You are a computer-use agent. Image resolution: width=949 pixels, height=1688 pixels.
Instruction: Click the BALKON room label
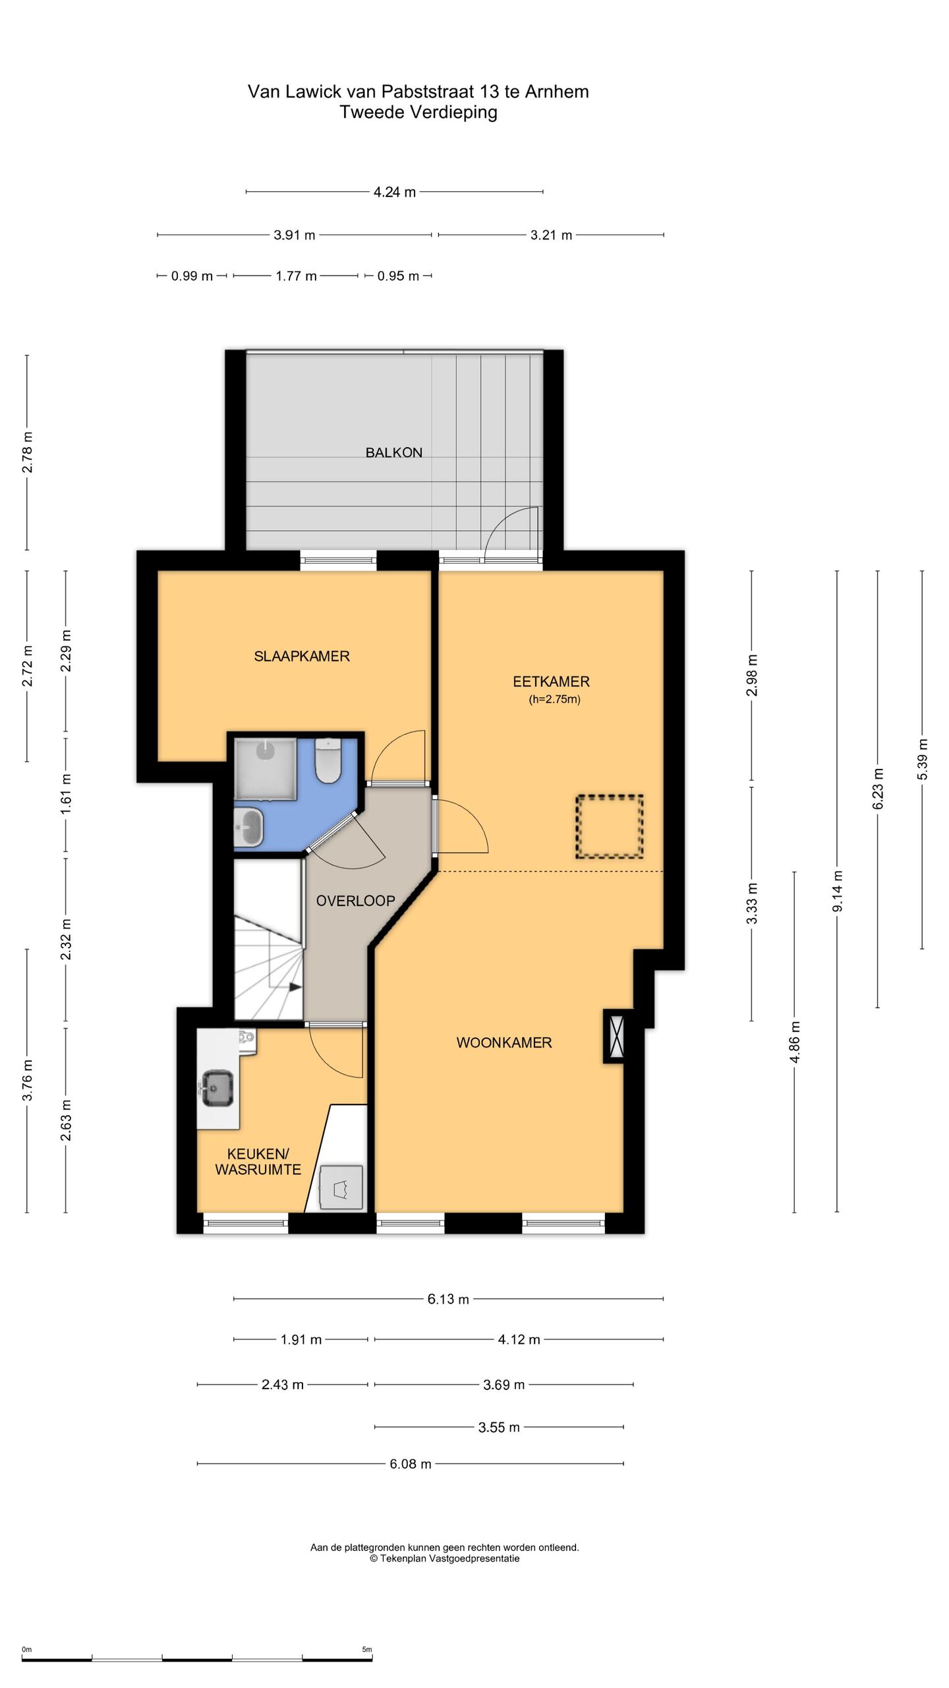point(393,452)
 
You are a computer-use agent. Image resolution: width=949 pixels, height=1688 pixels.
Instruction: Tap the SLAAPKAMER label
point(302,656)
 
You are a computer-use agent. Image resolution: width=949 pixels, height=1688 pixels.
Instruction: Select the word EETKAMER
point(551,682)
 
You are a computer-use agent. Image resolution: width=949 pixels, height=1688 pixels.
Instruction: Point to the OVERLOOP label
point(355,901)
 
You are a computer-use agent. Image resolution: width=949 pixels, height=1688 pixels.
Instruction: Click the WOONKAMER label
point(504,1042)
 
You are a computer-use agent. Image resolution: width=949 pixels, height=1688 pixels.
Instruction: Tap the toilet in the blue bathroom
point(328,760)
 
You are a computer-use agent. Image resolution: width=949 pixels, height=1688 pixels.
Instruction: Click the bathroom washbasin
point(249,826)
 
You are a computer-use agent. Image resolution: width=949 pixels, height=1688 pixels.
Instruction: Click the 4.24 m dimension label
point(395,193)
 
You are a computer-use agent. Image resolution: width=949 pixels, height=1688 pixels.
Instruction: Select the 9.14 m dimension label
point(838,891)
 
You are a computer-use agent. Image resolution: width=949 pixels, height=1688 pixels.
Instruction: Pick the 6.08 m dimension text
point(411,1464)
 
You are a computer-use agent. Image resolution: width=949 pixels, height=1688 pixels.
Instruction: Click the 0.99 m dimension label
point(192,276)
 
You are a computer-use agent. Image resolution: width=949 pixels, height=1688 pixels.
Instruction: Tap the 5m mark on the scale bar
point(367,1644)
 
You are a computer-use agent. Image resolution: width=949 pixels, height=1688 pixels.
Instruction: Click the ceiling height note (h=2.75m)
point(554,700)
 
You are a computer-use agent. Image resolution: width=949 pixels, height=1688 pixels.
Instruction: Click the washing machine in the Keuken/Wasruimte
point(341,1188)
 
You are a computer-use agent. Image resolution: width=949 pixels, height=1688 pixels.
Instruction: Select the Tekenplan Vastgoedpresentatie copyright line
point(445,1558)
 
